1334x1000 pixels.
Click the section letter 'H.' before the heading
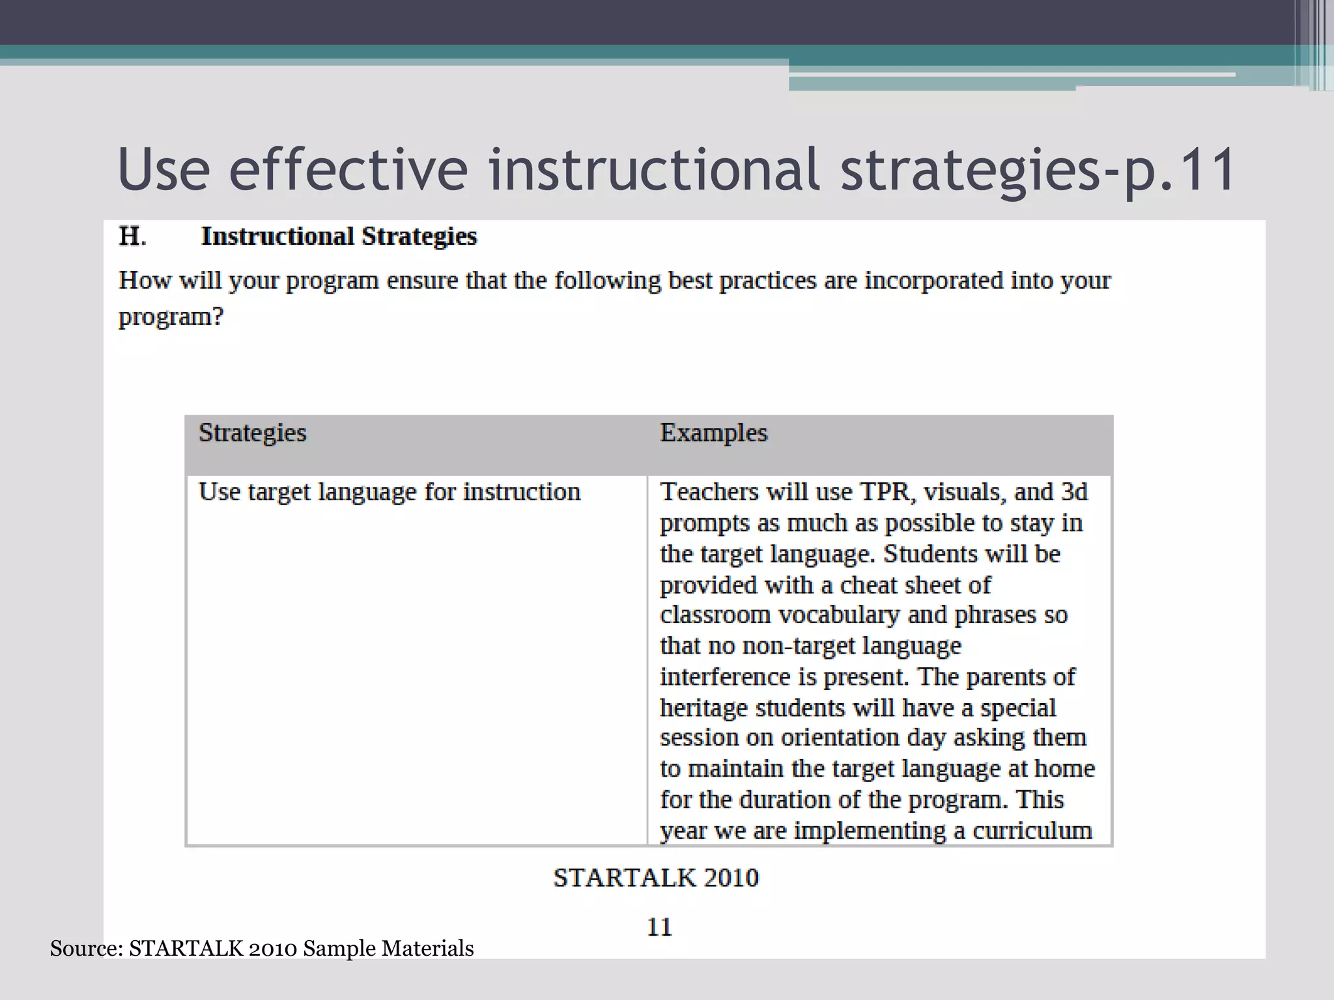[x=132, y=236]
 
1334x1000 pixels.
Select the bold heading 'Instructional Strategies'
[x=339, y=236]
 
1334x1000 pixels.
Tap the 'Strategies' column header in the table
[x=253, y=433]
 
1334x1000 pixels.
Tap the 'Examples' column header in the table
[x=714, y=433]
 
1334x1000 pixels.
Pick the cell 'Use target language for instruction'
[x=390, y=492]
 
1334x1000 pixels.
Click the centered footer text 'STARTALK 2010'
[x=656, y=878]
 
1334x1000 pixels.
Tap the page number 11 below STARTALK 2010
[x=659, y=927]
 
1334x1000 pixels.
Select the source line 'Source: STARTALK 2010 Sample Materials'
[x=262, y=949]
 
